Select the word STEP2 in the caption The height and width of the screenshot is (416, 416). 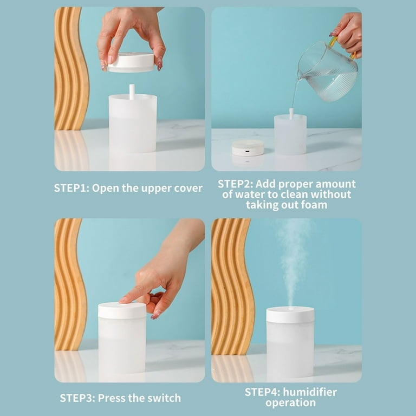[235, 184]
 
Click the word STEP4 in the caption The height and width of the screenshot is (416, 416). [262, 392]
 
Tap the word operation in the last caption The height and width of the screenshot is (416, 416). [290, 403]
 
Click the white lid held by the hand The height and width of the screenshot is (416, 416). [131, 62]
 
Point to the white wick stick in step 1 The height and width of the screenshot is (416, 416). [132, 92]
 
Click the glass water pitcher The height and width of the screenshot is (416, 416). [328, 71]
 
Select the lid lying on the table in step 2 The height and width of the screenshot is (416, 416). [248, 148]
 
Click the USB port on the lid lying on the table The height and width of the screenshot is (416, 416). [247, 152]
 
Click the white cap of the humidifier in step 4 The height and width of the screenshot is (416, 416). [290, 315]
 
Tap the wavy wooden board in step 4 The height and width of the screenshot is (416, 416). [233, 287]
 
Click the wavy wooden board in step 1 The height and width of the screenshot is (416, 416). [71, 68]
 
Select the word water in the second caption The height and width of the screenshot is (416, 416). [251, 194]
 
